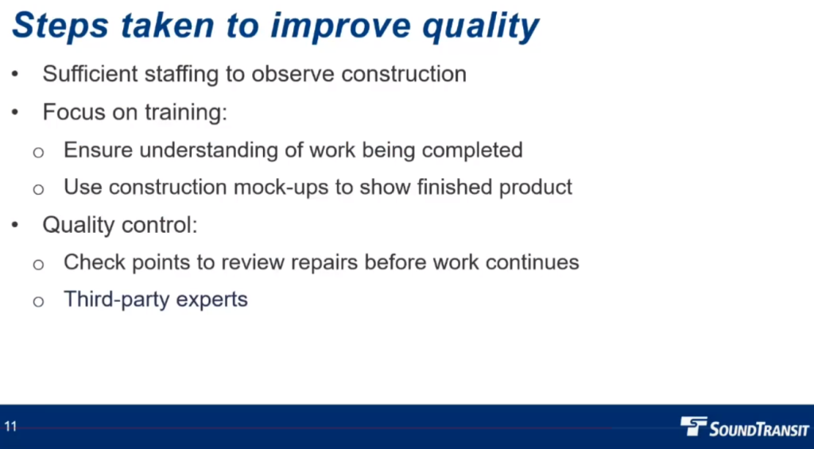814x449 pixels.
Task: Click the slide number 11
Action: click(10, 427)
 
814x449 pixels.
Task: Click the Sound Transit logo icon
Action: click(693, 426)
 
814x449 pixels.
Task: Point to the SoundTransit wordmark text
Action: click(759, 429)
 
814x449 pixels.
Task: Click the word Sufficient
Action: click(90, 74)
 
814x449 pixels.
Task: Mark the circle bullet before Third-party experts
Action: click(38, 301)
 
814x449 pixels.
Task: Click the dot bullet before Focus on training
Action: click(14, 112)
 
